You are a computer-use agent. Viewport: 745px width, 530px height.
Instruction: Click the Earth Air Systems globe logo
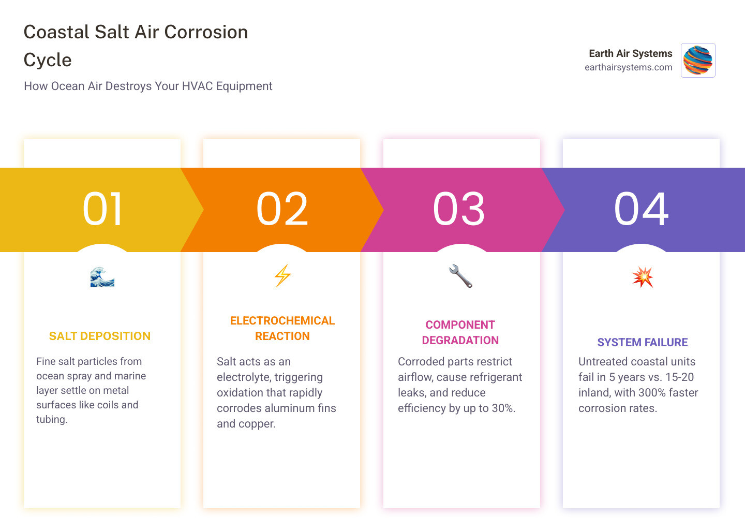[x=698, y=60]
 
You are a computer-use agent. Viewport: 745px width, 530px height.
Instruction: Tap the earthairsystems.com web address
[x=628, y=67]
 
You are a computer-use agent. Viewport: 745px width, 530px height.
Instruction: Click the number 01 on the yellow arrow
[x=103, y=209]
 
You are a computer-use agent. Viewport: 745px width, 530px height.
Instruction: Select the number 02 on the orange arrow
[x=282, y=209]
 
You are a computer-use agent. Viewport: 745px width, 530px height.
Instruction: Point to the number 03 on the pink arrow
[x=459, y=209]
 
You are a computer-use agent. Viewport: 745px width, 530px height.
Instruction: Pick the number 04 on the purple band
[x=642, y=209]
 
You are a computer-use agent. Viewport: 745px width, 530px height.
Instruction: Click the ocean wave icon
[x=102, y=277]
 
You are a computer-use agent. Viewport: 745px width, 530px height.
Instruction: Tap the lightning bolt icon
[x=282, y=276]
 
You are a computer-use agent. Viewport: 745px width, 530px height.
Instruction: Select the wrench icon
[x=460, y=276]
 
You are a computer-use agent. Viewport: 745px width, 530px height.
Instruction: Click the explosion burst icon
[x=643, y=277]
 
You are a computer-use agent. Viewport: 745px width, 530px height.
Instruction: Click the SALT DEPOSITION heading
[x=100, y=336]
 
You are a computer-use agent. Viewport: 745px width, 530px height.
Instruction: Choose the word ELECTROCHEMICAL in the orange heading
[x=282, y=321]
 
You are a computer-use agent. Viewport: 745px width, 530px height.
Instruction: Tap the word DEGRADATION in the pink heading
[x=460, y=341]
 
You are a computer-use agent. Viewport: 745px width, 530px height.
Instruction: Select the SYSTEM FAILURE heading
[x=643, y=343]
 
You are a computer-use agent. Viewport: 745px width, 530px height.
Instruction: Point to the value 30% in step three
[x=503, y=408]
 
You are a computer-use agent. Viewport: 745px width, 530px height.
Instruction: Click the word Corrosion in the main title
[x=206, y=32]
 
